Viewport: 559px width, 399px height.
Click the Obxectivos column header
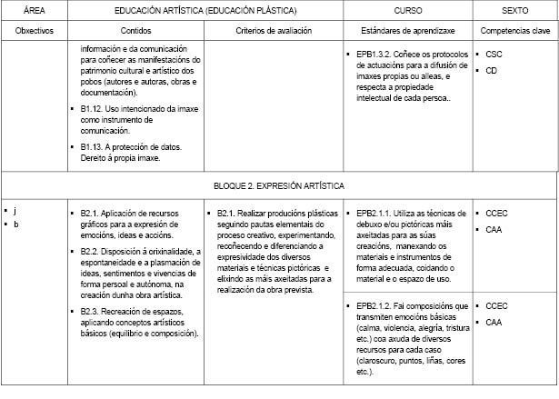(35, 30)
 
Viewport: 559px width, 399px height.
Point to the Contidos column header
(137, 30)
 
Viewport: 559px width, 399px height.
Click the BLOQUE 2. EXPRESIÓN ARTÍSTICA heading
(279, 185)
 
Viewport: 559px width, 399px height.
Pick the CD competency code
(492, 70)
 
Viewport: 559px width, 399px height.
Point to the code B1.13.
(95, 146)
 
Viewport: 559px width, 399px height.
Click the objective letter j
(15, 211)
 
